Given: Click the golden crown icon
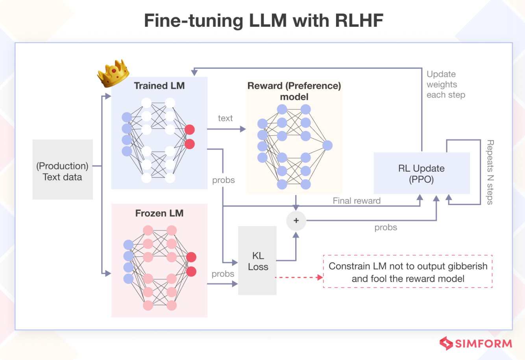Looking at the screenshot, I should click(x=113, y=73).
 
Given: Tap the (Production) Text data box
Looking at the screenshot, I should click(x=63, y=170).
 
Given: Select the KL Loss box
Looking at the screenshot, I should click(x=257, y=260).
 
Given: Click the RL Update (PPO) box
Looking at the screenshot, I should click(x=421, y=174).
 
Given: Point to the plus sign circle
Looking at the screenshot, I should click(x=296, y=221).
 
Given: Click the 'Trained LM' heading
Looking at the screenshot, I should click(x=159, y=86).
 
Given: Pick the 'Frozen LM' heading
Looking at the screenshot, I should click(x=159, y=213).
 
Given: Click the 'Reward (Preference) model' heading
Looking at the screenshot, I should click(x=294, y=91).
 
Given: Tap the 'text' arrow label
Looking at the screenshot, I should click(x=225, y=118).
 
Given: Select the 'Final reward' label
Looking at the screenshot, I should click(x=357, y=201).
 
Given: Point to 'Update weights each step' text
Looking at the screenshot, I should click(x=446, y=85).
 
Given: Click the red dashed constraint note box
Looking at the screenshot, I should click(x=408, y=272).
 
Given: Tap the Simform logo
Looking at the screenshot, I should click(x=475, y=343).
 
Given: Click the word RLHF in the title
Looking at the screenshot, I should click(x=359, y=20).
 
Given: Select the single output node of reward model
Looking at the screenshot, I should click(x=327, y=146).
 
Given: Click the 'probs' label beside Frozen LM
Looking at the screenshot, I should click(x=223, y=274).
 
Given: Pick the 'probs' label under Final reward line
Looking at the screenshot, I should click(x=386, y=227).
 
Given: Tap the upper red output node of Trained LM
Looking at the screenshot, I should click(x=190, y=129).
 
